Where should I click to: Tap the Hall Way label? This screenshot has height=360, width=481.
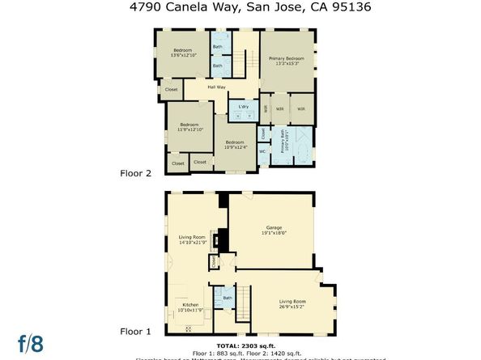[216, 87]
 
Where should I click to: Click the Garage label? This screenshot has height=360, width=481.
[270, 229]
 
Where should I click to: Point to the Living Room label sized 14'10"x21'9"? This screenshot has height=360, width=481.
[193, 240]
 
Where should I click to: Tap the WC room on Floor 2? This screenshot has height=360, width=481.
[262, 151]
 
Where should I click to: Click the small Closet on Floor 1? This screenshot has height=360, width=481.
[214, 261]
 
